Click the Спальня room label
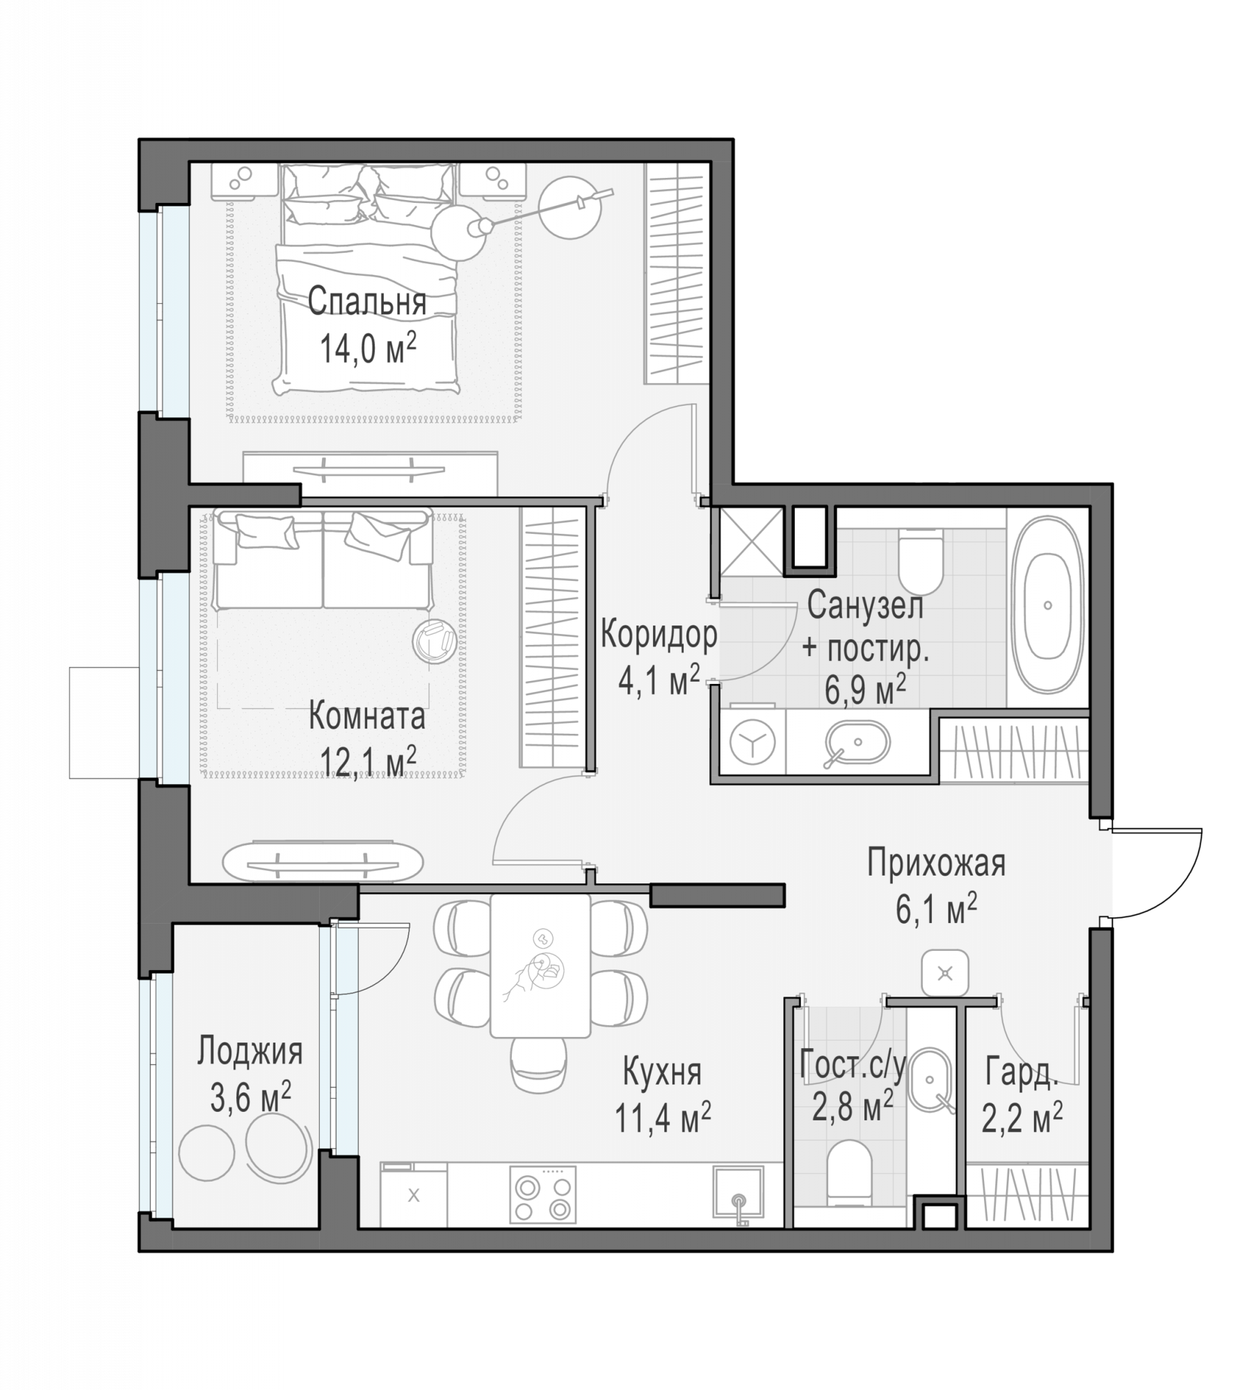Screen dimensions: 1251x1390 [366, 302]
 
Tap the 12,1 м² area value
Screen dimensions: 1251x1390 [368, 760]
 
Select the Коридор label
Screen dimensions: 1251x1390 [659, 635]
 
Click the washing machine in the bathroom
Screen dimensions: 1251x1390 [752, 742]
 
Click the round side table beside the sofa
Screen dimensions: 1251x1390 [435, 641]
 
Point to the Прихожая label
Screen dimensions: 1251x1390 [936, 864]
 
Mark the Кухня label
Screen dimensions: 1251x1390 [662, 1072]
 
